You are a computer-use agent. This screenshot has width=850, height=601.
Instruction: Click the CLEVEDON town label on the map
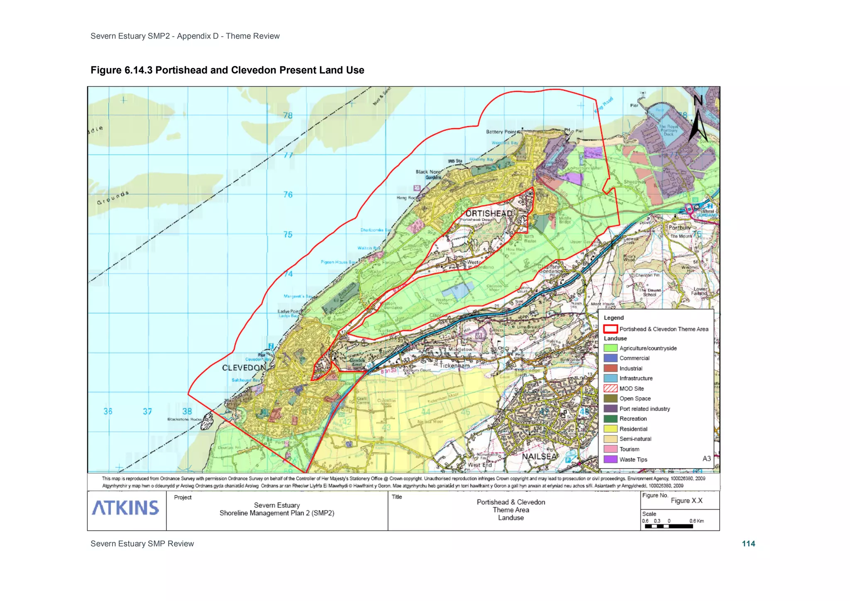244,368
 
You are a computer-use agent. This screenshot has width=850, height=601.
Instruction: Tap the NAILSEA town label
539,457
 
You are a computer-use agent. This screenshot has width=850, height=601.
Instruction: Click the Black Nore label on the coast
428,172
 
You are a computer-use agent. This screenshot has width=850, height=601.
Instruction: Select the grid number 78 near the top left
288,115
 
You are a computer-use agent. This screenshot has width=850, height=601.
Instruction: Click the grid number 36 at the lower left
108,411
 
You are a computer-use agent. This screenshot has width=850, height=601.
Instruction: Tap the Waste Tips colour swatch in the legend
610,459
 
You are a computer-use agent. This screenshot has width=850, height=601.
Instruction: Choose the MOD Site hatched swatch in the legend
610,388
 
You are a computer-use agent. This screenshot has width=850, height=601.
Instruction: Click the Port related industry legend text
645,409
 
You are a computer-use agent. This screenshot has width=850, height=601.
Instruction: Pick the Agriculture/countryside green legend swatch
610,348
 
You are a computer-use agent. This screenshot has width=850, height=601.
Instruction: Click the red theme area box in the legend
610,329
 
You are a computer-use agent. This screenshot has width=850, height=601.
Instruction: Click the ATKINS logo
125,508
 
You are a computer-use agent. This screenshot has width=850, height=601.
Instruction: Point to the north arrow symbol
698,120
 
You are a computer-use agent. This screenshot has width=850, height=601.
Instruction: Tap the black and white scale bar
669,526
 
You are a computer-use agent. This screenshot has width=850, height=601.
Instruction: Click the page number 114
748,544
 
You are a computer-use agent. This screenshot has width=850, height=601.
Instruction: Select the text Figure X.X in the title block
686,501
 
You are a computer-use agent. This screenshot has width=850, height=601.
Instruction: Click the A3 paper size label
706,459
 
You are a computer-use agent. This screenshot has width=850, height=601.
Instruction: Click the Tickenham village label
454,366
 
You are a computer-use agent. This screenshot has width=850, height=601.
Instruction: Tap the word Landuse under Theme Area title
510,518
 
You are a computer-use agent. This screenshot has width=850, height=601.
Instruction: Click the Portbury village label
679,227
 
